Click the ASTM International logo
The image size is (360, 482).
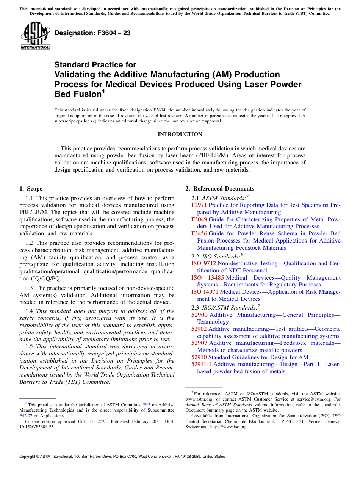click(x=35, y=36)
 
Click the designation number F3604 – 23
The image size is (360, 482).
click(x=92, y=33)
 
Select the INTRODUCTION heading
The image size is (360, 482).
click(x=180, y=135)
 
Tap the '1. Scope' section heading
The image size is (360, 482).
click(x=31, y=189)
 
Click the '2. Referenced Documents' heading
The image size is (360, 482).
click(x=220, y=189)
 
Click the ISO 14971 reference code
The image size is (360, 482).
click(x=205, y=292)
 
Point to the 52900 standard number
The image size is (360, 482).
click(x=199, y=315)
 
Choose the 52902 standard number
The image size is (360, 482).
click(x=199, y=329)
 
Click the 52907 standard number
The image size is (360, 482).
click(x=199, y=343)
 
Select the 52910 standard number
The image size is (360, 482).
click(x=199, y=357)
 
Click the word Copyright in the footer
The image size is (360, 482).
click(x=28, y=457)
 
